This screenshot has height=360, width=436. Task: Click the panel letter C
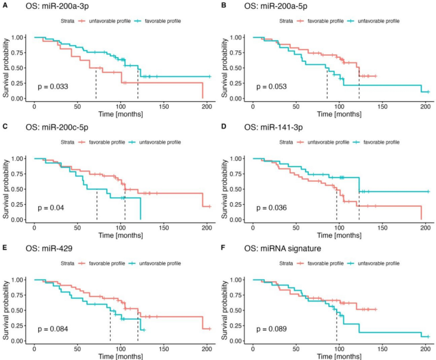[x=5, y=128]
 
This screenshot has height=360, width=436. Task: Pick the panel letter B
[x=224, y=6]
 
